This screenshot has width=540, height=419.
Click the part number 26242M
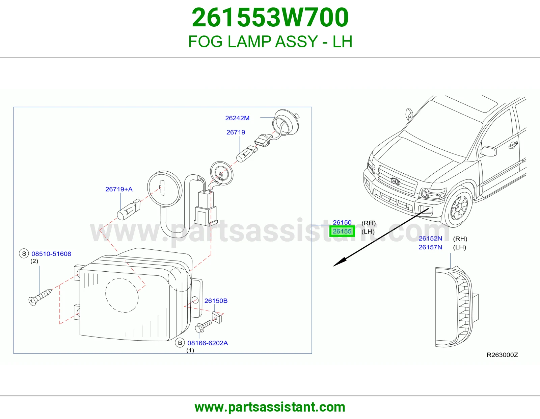[237, 118]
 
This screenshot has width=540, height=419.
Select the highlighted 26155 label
[342, 231]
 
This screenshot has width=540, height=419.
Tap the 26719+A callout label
[119, 189]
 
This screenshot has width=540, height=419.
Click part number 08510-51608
[51, 254]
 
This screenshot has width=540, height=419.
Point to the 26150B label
[216, 301]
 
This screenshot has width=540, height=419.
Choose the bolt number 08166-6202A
[208, 343]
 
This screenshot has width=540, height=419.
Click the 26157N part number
[430, 247]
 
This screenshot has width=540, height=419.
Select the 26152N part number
[430, 238]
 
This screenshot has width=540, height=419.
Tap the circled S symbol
[24, 253]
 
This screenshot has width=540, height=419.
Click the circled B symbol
[180, 343]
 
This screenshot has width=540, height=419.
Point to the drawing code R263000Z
[502, 355]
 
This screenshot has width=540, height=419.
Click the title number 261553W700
[270, 17]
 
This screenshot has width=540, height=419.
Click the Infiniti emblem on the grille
[395, 181]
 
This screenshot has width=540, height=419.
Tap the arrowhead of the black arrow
[339, 263]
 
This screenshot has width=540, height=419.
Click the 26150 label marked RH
[342, 222]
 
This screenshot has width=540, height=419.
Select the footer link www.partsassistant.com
[270, 407]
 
